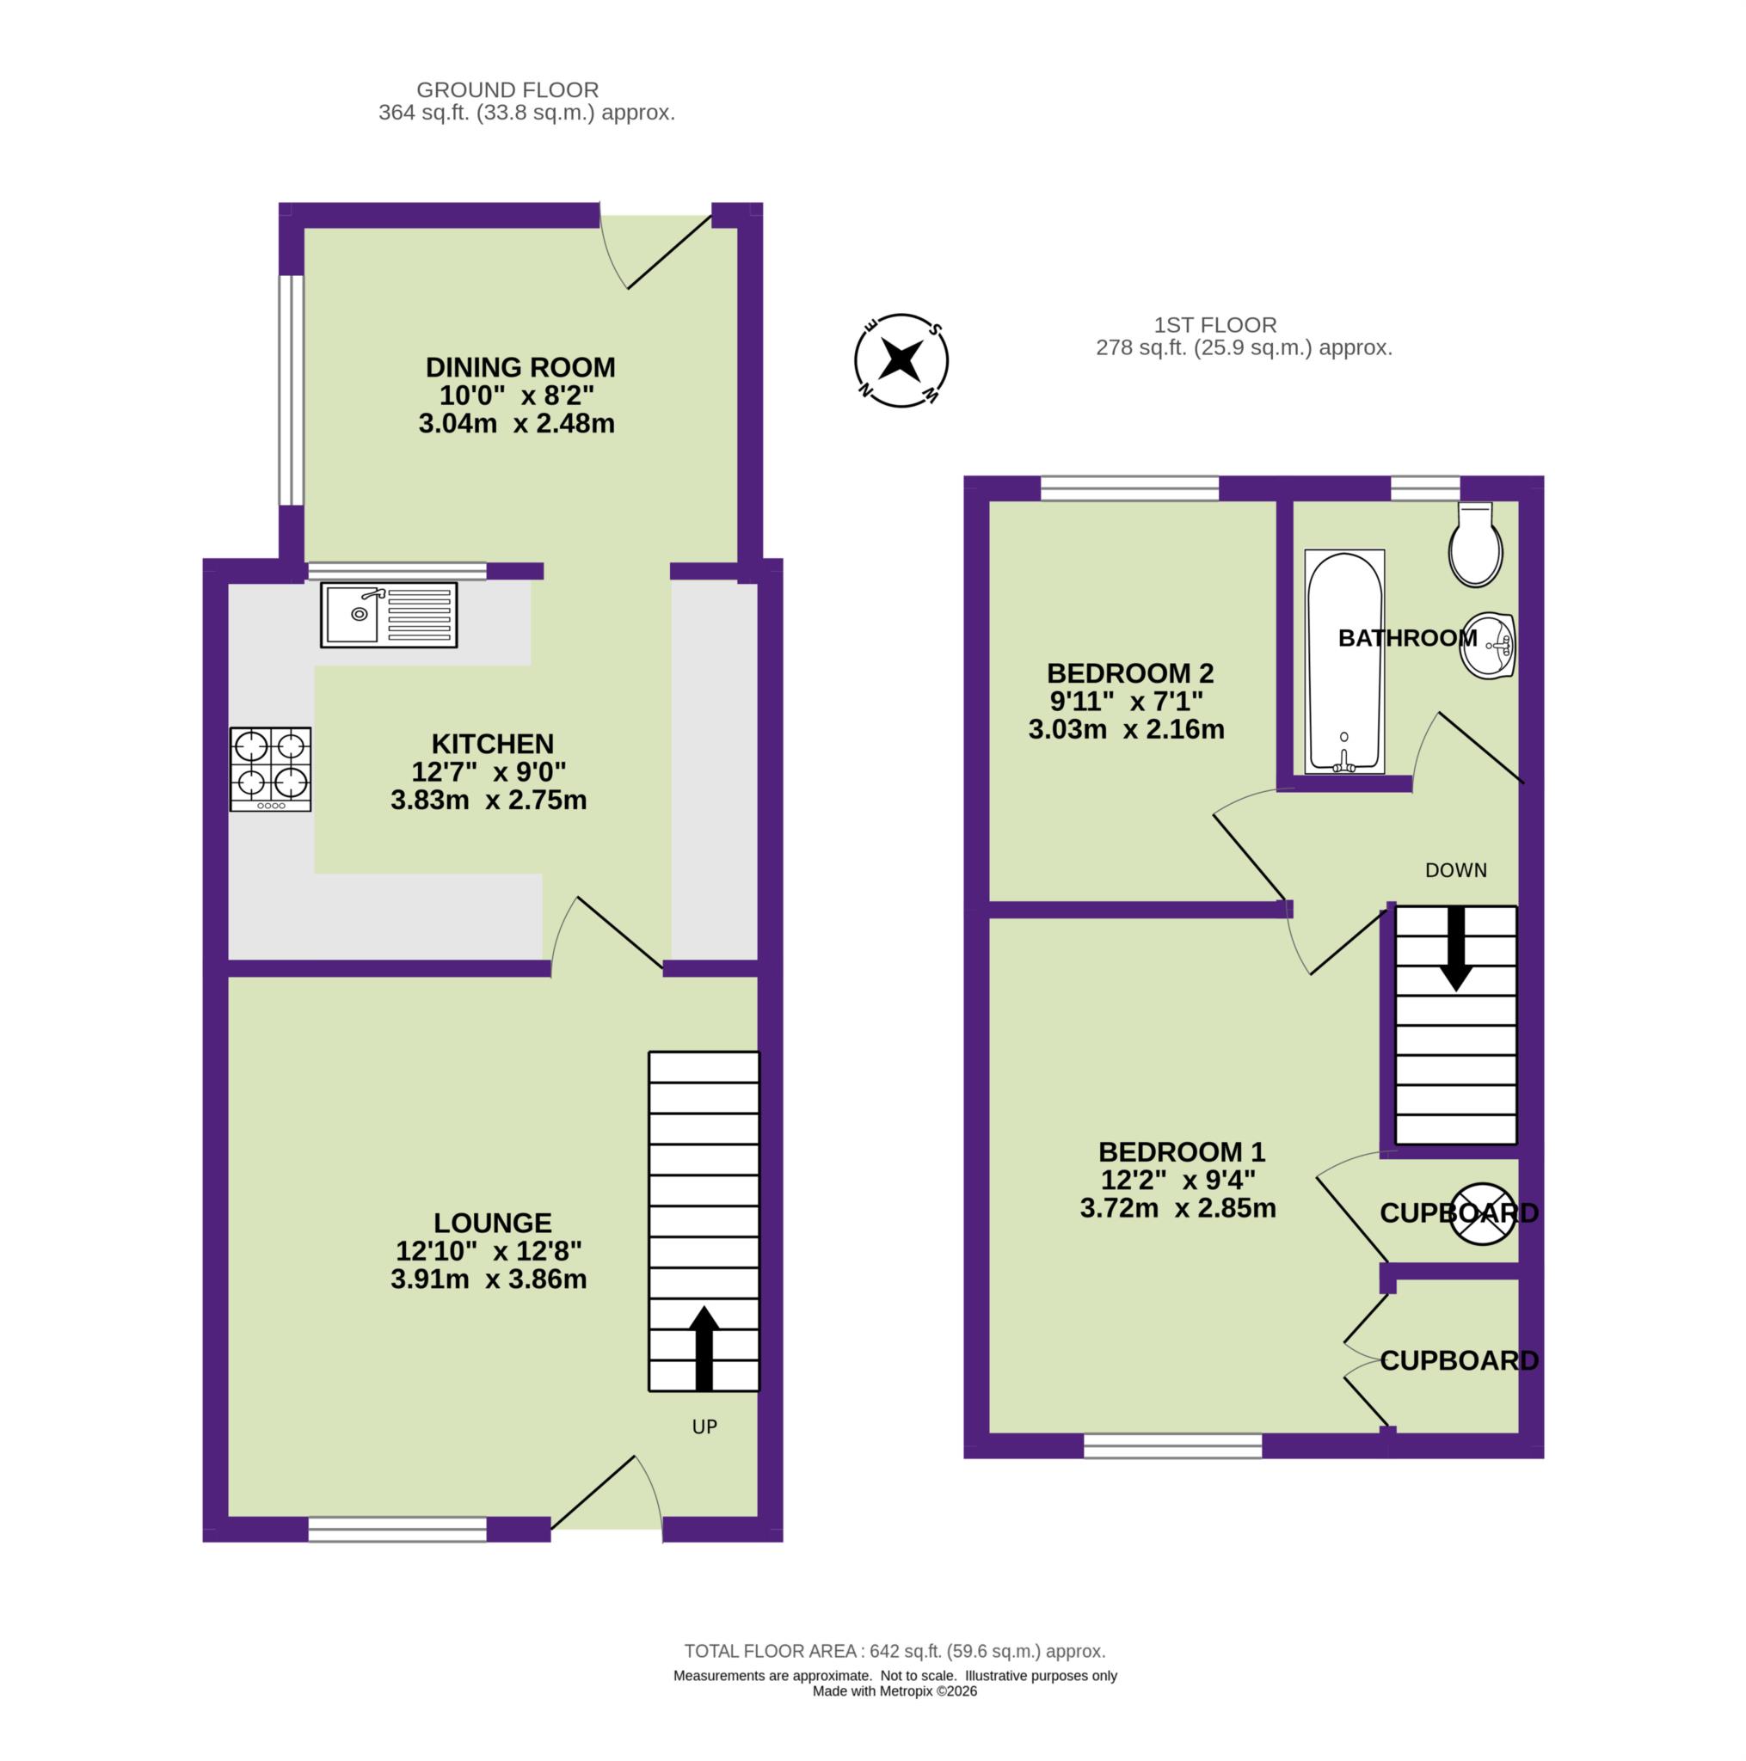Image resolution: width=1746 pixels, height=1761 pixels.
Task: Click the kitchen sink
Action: (x=389, y=616)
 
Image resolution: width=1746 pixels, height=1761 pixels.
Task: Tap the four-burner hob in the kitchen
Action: (x=270, y=769)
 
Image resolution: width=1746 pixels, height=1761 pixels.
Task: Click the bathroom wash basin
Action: (x=1488, y=646)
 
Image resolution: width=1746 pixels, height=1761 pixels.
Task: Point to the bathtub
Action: (x=1344, y=661)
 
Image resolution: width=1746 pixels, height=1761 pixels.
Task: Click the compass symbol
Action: (x=901, y=361)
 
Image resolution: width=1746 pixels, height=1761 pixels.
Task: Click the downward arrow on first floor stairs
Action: (x=1455, y=948)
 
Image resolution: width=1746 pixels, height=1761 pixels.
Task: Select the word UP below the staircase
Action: (x=704, y=1427)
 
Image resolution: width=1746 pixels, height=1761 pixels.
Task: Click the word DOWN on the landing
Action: (x=1455, y=870)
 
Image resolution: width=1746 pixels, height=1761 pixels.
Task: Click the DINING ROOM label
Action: (x=520, y=367)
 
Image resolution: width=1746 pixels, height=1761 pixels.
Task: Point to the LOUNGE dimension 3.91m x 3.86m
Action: (x=489, y=1279)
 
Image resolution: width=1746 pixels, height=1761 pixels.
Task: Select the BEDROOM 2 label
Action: (x=1129, y=672)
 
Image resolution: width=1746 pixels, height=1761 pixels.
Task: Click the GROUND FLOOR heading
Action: (x=507, y=89)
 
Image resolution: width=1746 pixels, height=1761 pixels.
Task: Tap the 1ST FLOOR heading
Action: (x=1214, y=324)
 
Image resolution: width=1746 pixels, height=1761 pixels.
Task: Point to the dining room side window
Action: (x=290, y=390)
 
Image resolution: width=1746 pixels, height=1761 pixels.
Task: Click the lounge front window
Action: (x=397, y=1530)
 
